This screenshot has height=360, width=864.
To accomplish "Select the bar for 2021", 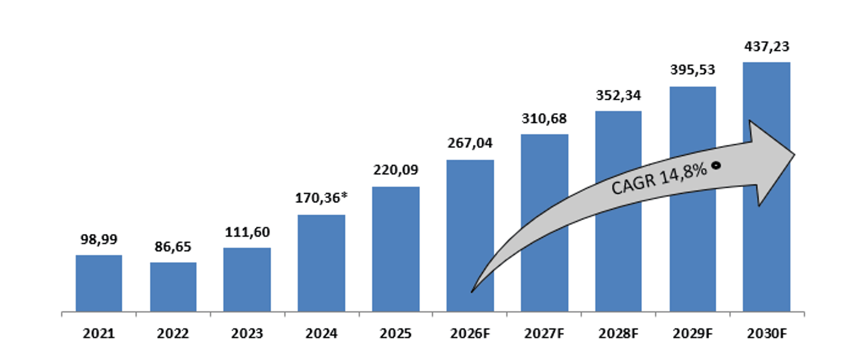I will (99, 283).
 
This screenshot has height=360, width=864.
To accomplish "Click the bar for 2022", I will (173, 287).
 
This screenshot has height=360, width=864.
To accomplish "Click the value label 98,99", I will (99, 240).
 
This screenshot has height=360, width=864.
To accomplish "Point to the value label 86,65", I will (173, 247).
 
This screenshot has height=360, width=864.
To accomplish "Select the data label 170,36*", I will (321, 198).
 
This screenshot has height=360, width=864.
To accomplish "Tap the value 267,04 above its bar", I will (470, 143).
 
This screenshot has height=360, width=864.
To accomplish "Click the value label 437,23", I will (767, 47).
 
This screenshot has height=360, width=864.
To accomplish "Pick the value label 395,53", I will (693, 70).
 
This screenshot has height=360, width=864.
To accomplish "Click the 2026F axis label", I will (470, 333).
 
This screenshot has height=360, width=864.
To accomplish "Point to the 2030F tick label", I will (767, 333).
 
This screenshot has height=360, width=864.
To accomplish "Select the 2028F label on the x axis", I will (618, 333).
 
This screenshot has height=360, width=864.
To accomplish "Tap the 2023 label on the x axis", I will (247, 333).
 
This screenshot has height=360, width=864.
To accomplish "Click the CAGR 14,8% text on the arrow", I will (659, 178).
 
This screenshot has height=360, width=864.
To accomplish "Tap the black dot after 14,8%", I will (716, 165).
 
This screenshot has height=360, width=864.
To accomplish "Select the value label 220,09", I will (396, 170).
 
